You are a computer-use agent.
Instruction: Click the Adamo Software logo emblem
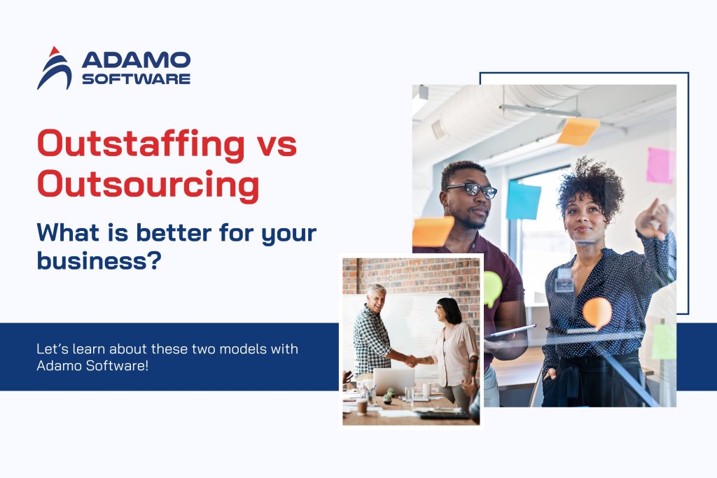point(55,68)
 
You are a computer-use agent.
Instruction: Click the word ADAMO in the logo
point(135,59)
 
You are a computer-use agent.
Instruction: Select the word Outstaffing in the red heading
point(141,144)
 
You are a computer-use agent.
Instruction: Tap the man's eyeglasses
point(471,189)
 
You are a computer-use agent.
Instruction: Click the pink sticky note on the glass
point(660,165)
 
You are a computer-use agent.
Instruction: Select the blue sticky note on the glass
point(524,200)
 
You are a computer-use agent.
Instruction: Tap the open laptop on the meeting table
point(393,381)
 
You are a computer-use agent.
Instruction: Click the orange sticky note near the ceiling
point(578,131)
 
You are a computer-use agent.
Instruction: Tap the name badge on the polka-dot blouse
point(564,284)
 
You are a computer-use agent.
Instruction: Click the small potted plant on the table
point(387,397)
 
